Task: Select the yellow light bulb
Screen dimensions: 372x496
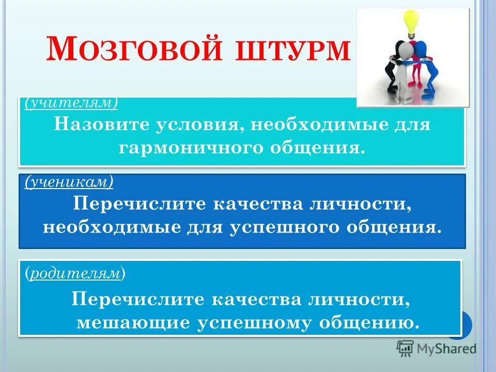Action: [x=411, y=22]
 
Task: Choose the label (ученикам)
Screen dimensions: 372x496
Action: [x=69, y=182]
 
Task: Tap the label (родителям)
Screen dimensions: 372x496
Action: [x=75, y=274]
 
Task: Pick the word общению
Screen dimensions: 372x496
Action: [x=368, y=323]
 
